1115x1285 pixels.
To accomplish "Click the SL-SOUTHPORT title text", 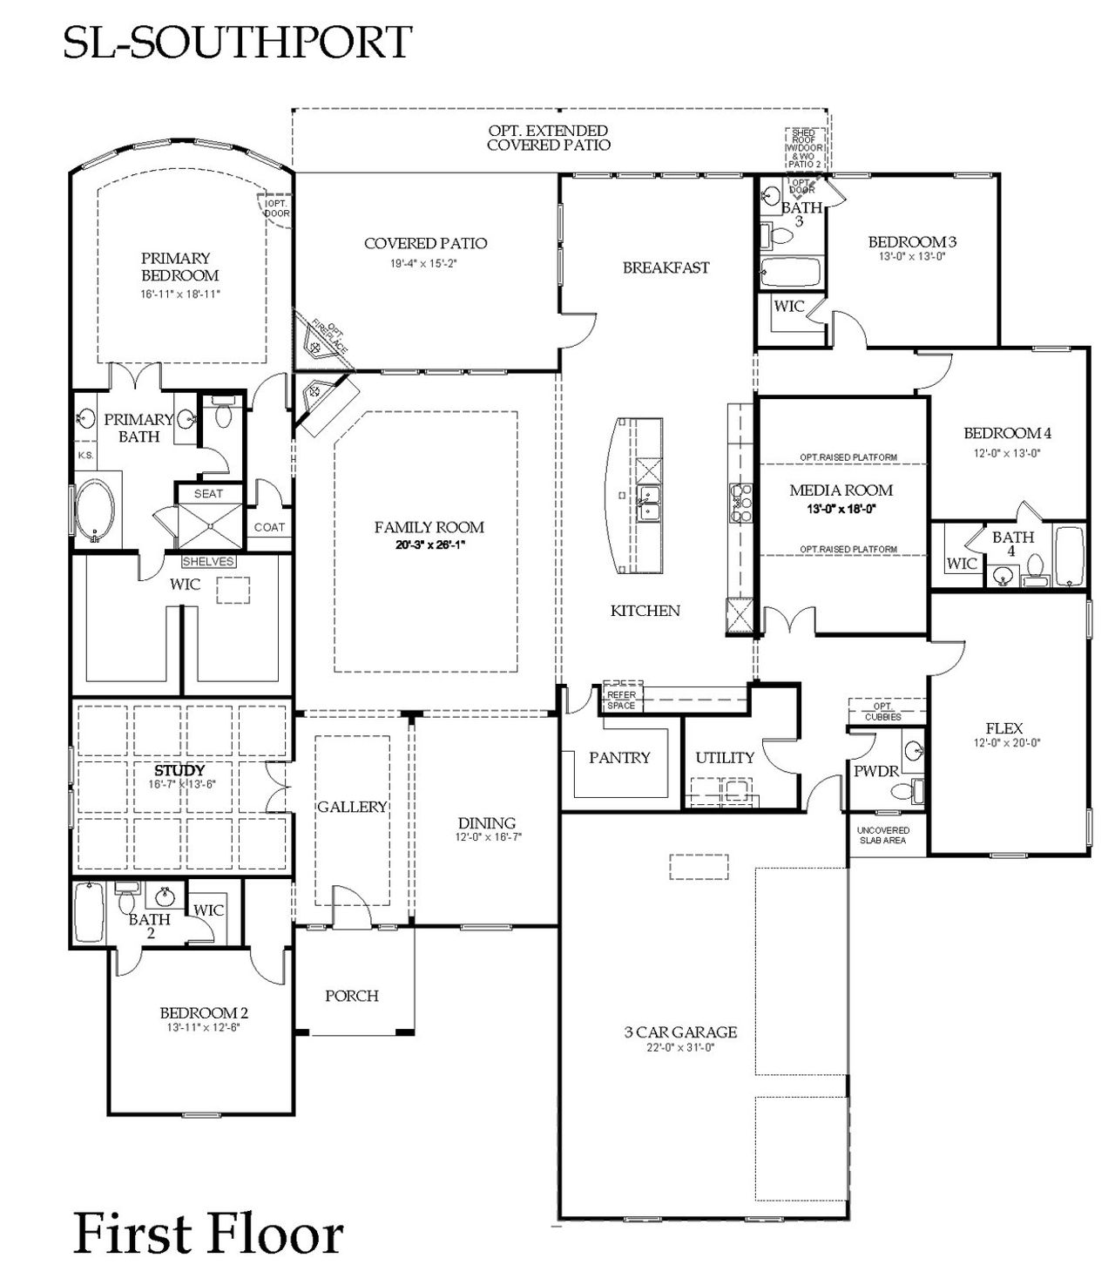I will pyautogui.click(x=237, y=42).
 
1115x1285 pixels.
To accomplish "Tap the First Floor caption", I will pyautogui.click(x=208, y=1234).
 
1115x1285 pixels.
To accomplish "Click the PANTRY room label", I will pyautogui.click(x=618, y=758).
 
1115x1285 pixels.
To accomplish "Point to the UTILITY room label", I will pyautogui.click(x=724, y=758).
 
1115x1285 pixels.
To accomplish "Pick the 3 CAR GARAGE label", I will pyautogui.click(x=680, y=1032).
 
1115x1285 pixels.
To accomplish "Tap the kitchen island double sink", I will pyautogui.click(x=648, y=504).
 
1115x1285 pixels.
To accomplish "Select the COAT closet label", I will pyautogui.click(x=269, y=527).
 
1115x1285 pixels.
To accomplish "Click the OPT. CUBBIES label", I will pyautogui.click(x=883, y=711).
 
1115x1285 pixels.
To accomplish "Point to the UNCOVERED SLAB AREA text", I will pyautogui.click(x=882, y=835).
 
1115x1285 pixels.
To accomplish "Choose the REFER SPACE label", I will pyautogui.click(x=621, y=700).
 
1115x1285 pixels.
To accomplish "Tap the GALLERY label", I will pyautogui.click(x=352, y=807).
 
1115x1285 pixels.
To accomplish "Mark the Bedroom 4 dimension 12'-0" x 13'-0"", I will pyautogui.click(x=1007, y=453).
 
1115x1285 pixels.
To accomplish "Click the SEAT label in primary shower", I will pyautogui.click(x=208, y=494).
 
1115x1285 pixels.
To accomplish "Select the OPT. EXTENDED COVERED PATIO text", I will pyautogui.click(x=548, y=138).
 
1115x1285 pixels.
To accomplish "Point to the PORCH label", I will pyautogui.click(x=352, y=996).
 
